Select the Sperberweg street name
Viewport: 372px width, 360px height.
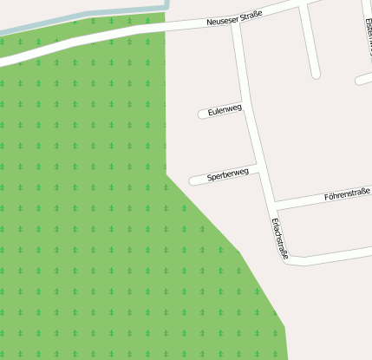coord(228,174)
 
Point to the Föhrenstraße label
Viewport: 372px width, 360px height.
coord(347,193)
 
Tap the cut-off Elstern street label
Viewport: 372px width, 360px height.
coord(367,35)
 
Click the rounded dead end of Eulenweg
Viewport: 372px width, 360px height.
coord(203,115)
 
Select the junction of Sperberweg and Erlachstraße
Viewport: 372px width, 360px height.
coord(258,166)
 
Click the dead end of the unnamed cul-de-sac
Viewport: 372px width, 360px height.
coord(317,75)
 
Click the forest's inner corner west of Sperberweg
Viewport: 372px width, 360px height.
coord(166,173)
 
